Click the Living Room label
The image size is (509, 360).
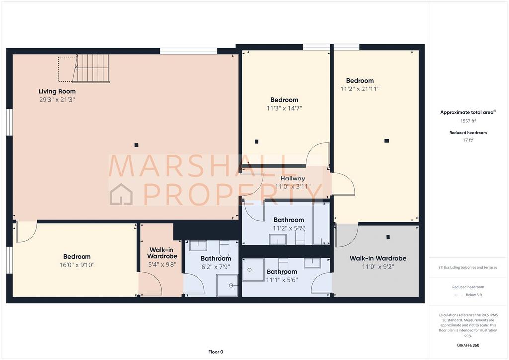click(57, 91)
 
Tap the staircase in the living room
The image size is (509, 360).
click(91, 69)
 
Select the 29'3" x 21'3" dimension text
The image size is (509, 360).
click(57, 100)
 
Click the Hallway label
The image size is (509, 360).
click(293, 178)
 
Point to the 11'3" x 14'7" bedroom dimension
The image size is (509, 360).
click(284, 108)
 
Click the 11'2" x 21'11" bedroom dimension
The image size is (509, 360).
click(360, 89)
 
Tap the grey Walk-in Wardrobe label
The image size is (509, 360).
click(378, 258)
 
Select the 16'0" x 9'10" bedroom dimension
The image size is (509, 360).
click(77, 265)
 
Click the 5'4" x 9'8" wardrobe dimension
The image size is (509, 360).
click(163, 264)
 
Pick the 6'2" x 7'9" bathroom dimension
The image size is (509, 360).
click(216, 267)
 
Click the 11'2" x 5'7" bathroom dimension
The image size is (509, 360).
click(289, 228)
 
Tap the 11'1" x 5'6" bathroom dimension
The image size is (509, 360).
click(282, 280)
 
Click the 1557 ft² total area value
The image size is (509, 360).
click(468, 121)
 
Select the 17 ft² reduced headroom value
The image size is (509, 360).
click(468, 140)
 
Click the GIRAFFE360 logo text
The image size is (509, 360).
click(468, 345)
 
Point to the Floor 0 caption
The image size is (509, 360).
click(216, 352)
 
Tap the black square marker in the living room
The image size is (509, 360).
click(136, 145)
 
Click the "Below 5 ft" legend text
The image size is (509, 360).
click(474, 295)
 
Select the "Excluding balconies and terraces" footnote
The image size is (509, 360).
click(468, 267)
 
